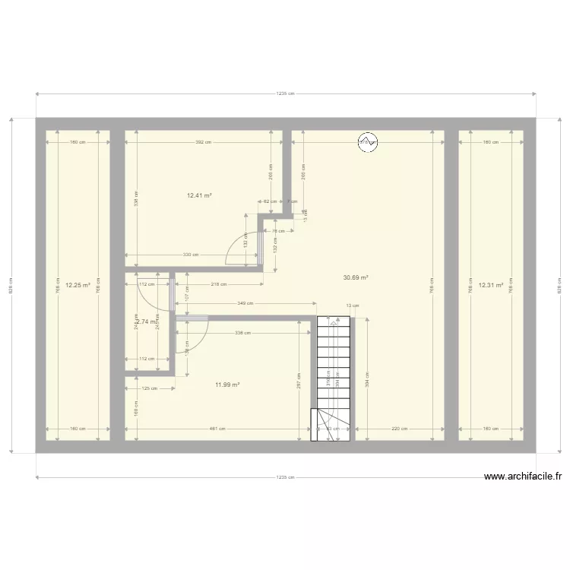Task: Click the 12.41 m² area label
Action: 199,195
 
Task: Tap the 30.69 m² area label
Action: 356,278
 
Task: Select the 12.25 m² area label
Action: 78,286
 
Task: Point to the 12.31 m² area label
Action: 490,286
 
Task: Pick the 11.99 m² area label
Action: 227,385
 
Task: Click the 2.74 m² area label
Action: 146,321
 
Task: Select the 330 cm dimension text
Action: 190,255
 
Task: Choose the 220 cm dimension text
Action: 400,429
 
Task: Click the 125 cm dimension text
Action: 150,388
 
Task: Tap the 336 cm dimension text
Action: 243,333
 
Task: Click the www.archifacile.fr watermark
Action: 523,477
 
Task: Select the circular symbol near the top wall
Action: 368,142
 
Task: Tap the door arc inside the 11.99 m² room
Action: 192,336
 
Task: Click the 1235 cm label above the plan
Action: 285,93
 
